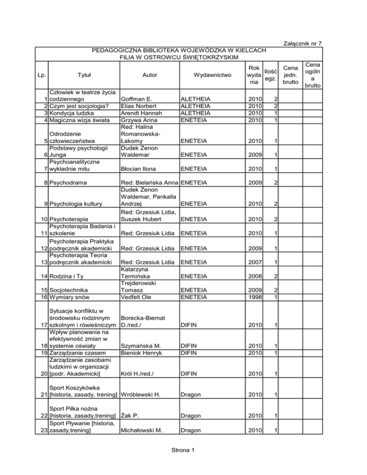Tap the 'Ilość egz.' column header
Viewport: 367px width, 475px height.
[x=270, y=75]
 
